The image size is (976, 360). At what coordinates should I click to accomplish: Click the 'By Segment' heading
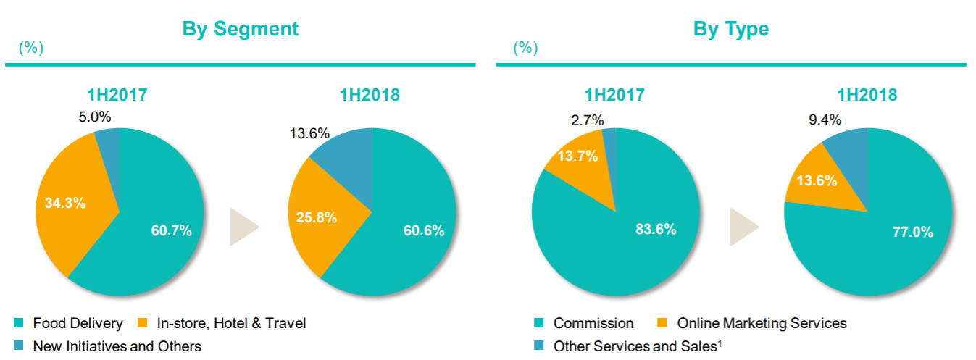pyautogui.click(x=240, y=29)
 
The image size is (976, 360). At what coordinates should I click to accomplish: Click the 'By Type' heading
pyautogui.click(x=730, y=29)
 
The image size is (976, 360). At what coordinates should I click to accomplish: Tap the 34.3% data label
pyautogui.click(x=65, y=203)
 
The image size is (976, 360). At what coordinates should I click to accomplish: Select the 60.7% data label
pyautogui.click(x=171, y=231)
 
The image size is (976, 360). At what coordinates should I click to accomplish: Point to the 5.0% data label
pyautogui.click(x=95, y=117)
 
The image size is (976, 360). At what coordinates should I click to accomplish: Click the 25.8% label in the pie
pyautogui.click(x=317, y=217)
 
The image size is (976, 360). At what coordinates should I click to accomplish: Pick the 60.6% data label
pyautogui.click(x=424, y=231)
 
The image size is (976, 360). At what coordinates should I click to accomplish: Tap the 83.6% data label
pyautogui.click(x=655, y=230)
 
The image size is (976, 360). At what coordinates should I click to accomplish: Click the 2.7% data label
pyautogui.click(x=588, y=120)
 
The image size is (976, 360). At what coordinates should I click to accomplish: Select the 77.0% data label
pyautogui.click(x=912, y=233)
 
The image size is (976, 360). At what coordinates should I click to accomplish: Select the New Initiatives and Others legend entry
pyautogui.click(x=117, y=346)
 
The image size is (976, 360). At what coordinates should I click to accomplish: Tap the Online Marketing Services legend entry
pyautogui.click(x=762, y=323)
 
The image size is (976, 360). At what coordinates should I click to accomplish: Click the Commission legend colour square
pyautogui.click(x=538, y=323)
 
